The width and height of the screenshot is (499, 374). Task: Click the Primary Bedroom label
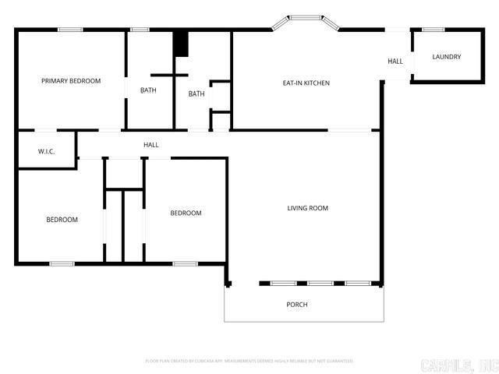(x=71, y=80)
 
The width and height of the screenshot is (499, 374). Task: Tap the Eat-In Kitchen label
(x=306, y=83)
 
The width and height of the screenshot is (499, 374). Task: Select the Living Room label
(x=307, y=208)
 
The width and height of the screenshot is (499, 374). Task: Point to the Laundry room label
(x=447, y=57)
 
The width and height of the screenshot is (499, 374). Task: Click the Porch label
(x=297, y=304)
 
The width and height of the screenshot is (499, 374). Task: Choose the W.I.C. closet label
(x=45, y=151)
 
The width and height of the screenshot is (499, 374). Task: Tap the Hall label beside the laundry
(x=396, y=61)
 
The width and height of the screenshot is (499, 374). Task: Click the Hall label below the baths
(x=151, y=145)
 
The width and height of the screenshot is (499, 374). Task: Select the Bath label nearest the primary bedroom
(x=148, y=90)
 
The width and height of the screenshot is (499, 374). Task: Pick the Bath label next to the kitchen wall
(x=196, y=94)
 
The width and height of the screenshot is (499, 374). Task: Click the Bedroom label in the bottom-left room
(x=62, y=220)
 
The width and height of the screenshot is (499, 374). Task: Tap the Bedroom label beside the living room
(x=186, y=213)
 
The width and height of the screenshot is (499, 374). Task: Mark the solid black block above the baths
(x=181, y=43)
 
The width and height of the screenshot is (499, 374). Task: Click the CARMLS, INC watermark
(x=458, y=365)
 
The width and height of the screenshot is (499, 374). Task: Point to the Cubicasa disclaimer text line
(x=249, y=361)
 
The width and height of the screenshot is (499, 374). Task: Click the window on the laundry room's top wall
(x=433, y=30)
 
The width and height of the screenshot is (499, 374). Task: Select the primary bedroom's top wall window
(x=70, y=30)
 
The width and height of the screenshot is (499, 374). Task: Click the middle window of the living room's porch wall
(x=320, y=283)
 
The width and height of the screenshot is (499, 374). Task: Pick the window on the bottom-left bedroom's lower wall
(x=62, y=263)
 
